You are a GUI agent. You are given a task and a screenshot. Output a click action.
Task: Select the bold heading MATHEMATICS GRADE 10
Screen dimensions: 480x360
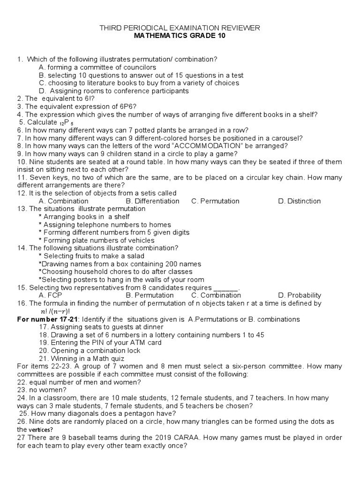click(180, 36)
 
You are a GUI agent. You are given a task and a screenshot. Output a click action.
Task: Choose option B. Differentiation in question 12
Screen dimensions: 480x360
click(153, 201)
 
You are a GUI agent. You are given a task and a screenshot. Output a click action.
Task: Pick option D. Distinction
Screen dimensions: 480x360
click(299, 201)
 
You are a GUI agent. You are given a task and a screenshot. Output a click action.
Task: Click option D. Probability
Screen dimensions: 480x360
click(300, 295)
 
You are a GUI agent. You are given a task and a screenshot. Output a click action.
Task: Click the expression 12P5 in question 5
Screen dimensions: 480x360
click(65, 122)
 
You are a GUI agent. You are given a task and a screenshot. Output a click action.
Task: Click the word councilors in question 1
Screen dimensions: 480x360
click(135, 67)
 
